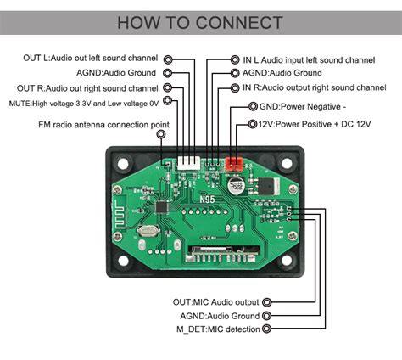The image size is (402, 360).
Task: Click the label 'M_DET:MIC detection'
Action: coord(217,329)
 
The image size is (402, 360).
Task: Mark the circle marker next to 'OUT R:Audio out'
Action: coord(168,87)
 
